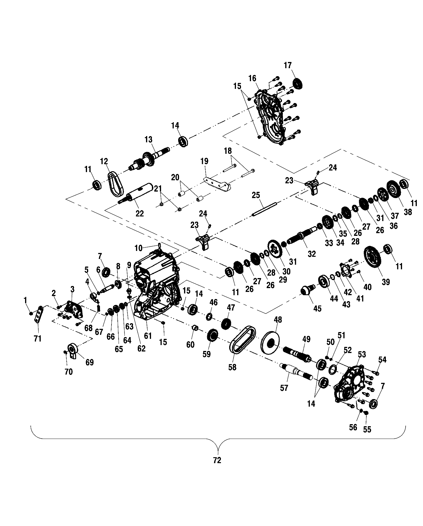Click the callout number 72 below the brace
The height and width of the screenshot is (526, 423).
pos(217,461)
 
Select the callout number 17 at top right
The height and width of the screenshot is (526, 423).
pos(288,65)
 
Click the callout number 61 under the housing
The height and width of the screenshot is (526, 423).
pos(147,336)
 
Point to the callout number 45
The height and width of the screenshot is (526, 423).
pos(317,309)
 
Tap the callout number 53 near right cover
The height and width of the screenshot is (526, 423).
pos(362,354)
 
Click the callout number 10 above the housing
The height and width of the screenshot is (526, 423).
pos(138,248)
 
